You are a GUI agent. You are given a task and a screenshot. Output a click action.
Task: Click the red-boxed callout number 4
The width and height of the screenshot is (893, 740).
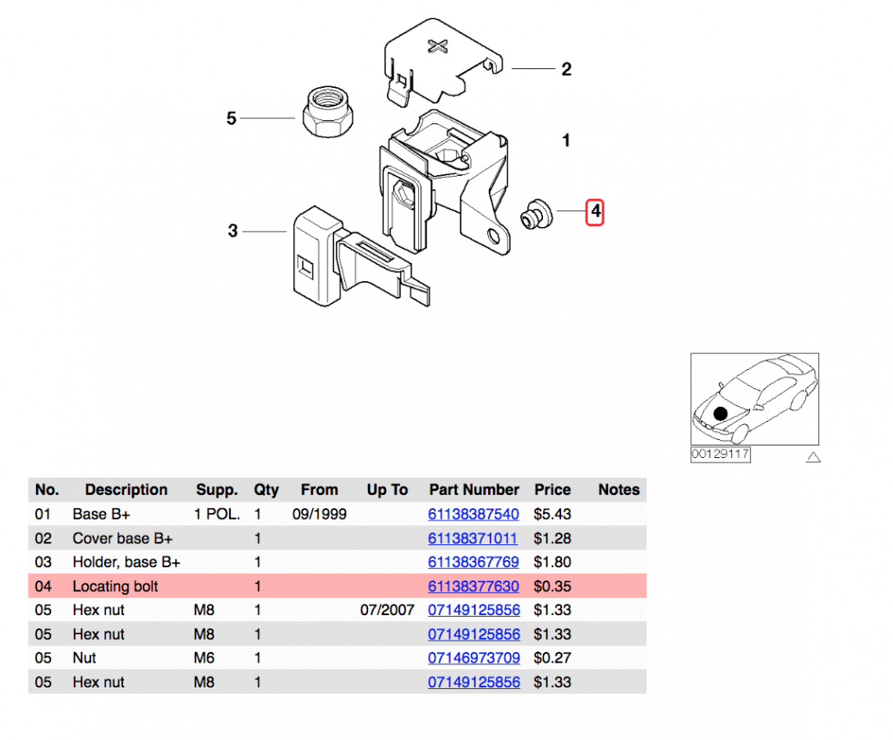tap(595, 212)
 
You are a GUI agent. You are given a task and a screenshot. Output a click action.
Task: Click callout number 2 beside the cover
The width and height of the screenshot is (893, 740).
tap(566, 70)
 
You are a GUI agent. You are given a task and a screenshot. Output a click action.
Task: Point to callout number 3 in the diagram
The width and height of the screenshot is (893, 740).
tap(232, 232)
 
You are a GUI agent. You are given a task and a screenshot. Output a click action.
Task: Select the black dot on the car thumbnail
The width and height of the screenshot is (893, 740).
tap(720, 414)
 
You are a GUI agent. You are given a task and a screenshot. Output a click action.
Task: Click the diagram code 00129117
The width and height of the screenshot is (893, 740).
tap(720, 454)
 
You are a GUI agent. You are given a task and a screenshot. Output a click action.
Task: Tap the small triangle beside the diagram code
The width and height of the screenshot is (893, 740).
tap(812, 456)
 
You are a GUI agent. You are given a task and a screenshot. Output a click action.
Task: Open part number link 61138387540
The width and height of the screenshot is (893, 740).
tap(473, 515)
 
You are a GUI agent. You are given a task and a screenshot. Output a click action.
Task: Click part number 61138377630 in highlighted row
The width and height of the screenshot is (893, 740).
tap(473, 586)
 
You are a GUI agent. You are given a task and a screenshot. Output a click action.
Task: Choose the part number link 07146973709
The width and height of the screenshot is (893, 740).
tap(473, 658)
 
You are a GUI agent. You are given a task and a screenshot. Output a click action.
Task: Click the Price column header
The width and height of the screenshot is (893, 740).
tap(552, 490)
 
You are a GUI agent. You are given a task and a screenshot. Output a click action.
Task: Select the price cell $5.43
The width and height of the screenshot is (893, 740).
tap(552, 515)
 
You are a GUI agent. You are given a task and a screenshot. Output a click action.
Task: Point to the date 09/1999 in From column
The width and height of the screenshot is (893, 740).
tap(319, 515)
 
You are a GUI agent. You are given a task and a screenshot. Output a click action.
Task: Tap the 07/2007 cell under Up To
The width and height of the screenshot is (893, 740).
tap(387, 610)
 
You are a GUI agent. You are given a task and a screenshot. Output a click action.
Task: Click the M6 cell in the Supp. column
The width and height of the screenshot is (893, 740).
tap(205, 658)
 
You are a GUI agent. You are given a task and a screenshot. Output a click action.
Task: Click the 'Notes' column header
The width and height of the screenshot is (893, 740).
tap(619, 490)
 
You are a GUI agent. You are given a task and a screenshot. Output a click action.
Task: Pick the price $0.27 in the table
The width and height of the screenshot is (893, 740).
tap(552, 658)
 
